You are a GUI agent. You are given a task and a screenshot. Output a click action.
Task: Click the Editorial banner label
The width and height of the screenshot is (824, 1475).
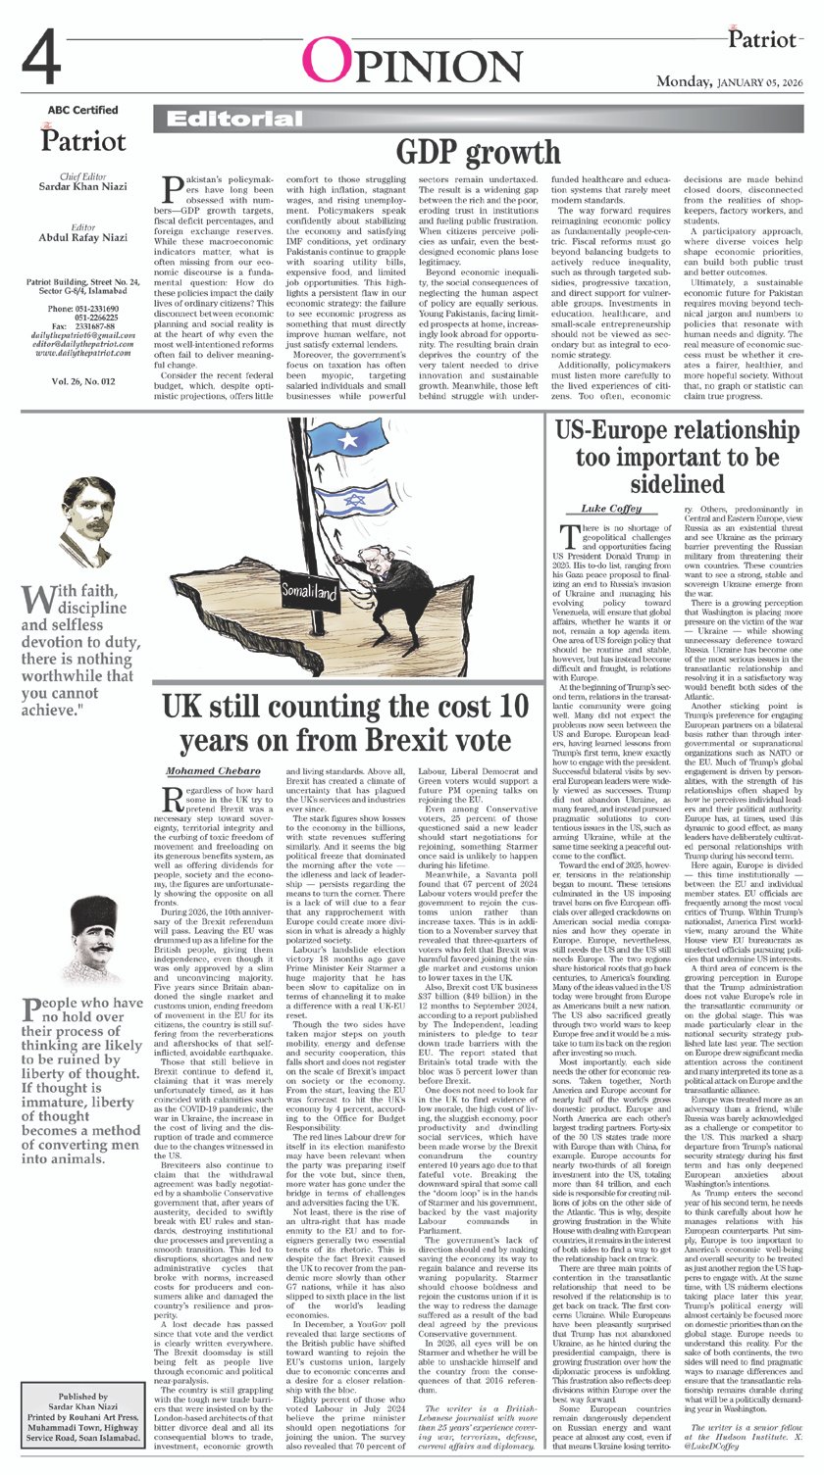[215, 119]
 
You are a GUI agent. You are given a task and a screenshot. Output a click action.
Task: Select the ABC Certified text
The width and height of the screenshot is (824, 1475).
[82, 110]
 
